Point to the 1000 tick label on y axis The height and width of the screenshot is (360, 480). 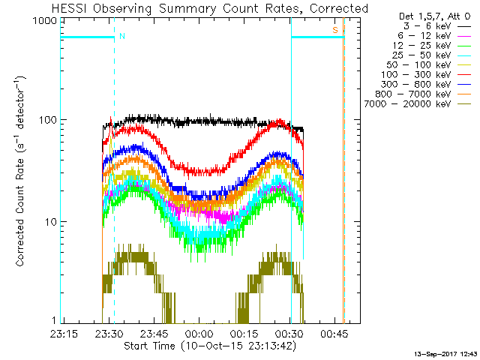(45, 21)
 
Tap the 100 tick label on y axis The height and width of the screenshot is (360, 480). (48, 120)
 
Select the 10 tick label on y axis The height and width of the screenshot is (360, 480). (51, 222)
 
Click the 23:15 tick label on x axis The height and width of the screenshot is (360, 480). (64, 334)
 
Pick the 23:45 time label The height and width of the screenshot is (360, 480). (154, 334)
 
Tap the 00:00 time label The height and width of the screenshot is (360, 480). (199, 334)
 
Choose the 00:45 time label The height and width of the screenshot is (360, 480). (334, 334)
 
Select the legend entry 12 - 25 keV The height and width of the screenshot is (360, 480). (421, 46)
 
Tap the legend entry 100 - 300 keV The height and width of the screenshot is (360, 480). (416, 75)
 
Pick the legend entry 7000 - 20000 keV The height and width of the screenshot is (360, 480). (407, 104)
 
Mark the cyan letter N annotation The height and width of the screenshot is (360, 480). (122, 36)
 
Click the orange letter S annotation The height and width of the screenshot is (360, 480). (335, 30)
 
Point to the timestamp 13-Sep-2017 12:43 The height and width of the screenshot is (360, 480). (445, 354)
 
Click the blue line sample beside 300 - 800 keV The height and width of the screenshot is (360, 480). (464, 85)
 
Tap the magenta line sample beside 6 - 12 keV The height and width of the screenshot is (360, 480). (464, 36)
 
